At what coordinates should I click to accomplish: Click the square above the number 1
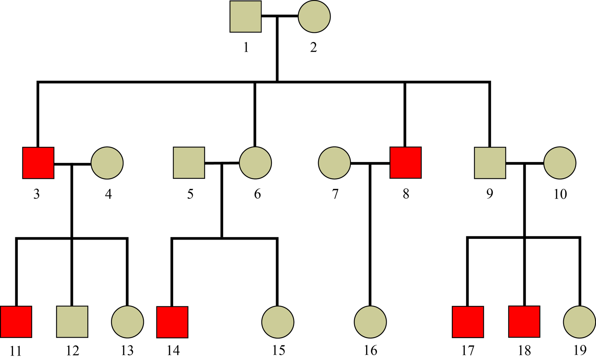[245, 17]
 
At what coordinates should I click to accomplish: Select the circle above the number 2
[314, 17]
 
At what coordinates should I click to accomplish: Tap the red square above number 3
[38, 163]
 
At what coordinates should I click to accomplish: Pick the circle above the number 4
[107, 163]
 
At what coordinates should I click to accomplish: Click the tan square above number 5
[189, 163]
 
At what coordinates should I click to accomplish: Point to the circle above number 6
[255, 163]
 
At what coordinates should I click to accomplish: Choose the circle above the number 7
[335, 163]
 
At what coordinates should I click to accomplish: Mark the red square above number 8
[406, 163]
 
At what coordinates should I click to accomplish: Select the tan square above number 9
[490, 163]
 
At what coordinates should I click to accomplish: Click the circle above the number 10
[559, 163]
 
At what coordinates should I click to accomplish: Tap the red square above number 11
[16, 322]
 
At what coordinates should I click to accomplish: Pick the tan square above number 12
[72, 322]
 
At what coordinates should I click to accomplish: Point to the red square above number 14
[172, 322]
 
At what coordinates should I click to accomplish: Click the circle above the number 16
[370, 322]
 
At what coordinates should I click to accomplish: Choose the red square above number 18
[524, 322]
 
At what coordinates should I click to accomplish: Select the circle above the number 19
[579, 322]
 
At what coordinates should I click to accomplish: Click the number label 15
[279, 351]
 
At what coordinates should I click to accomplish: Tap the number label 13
[127, 351]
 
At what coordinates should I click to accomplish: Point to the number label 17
[468, 351]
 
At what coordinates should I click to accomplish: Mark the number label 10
[560, 194]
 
